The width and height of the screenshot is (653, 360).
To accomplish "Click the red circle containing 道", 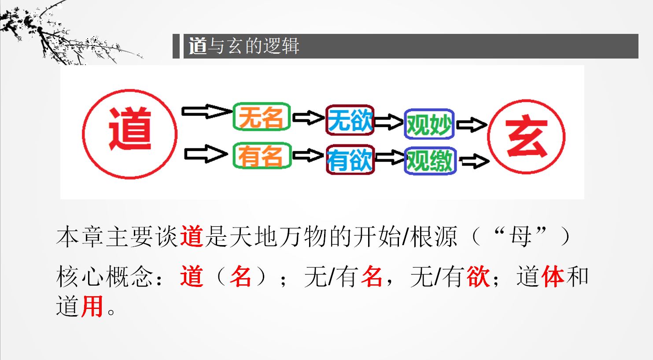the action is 83,134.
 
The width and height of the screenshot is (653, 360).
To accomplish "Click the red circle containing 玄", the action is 488,137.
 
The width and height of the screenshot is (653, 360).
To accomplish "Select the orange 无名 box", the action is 262,117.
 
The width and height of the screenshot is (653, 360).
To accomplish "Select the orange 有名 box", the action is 262,155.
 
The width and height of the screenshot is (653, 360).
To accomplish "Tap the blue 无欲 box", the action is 350,120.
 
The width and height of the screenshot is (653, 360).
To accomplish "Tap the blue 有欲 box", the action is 350,160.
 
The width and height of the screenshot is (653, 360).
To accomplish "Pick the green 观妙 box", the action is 429,124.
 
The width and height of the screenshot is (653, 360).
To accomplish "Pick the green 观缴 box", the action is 430,161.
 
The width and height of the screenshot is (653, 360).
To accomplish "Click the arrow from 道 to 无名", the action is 207,111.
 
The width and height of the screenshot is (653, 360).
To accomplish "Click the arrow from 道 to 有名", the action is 207,154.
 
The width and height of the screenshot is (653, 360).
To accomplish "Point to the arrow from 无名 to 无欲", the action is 308,118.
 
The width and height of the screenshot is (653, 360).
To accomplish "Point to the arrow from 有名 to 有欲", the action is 308,155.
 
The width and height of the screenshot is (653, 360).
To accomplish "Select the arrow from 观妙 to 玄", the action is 472,125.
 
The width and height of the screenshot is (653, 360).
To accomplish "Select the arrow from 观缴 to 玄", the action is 475,161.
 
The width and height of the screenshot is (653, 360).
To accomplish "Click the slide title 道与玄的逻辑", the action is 244,46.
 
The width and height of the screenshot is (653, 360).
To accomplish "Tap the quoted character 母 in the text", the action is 520,237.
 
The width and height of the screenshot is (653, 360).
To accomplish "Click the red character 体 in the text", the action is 553,276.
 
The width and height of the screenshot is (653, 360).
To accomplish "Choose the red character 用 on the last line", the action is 92,306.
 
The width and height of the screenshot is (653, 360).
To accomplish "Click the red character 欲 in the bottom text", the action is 478,276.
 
